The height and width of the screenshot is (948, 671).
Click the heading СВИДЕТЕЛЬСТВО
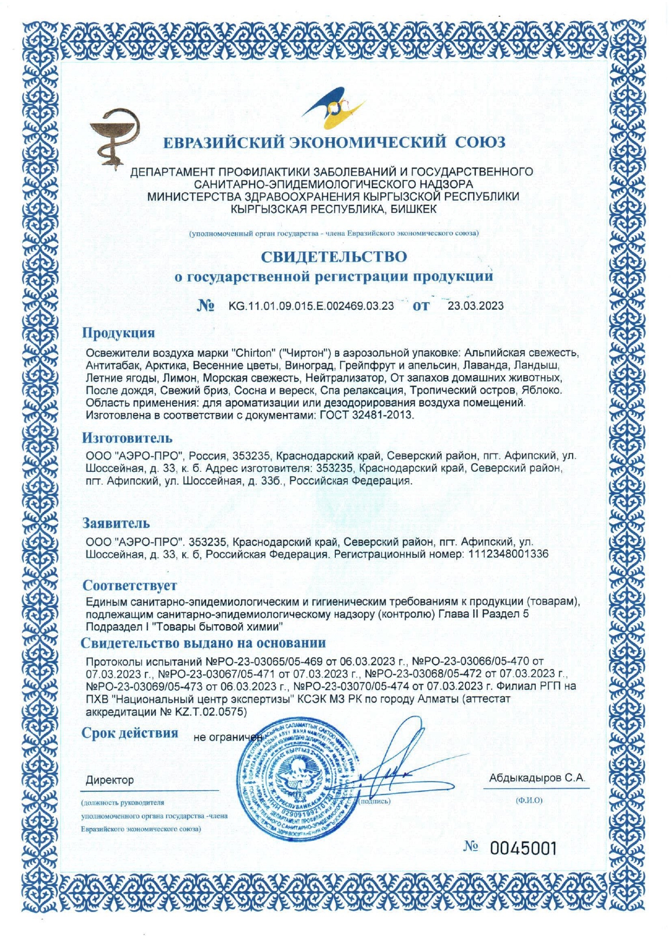[x=334, y=256]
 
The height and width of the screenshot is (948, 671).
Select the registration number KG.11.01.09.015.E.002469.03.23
[x=311, y=306]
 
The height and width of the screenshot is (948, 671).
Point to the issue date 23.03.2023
[x=475, y=306]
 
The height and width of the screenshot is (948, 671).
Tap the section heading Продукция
[x=118, y=333]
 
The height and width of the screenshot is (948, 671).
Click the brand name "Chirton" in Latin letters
[x=251, y=353]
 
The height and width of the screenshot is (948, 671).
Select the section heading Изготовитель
[x=127, y=438]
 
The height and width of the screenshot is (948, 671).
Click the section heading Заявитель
[x=116, y=523]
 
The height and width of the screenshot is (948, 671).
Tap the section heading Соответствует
[x=130, y=585]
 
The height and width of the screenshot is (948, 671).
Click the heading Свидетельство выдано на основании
[x=203, y=643]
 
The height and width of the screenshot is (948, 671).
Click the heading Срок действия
[x=130, y=733]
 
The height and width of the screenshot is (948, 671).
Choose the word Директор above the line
[x=110, y=780]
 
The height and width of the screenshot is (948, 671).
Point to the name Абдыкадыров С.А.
[x=537, y=778]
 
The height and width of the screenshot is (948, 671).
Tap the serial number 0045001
[x=523, y=849]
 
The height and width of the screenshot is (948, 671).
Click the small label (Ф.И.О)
[x=529, y=800]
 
